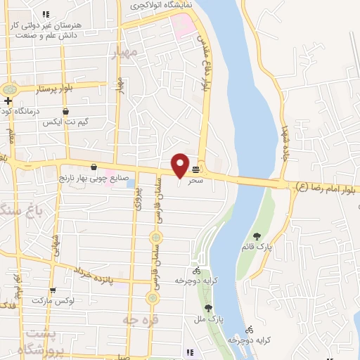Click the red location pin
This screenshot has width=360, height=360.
point(180,166)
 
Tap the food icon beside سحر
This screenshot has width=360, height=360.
point(195,169)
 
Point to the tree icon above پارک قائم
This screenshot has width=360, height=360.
point(257,236)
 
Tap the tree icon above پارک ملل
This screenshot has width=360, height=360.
point(208,308)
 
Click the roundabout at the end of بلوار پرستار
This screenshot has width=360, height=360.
point(10,90)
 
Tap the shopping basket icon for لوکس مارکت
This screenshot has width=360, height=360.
point(52,290)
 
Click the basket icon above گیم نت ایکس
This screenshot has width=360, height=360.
point(65,111)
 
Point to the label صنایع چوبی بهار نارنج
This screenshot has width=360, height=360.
point(80,178)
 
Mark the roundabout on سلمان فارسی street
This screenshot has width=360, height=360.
point(150,298)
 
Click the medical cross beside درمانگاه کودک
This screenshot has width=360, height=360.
point(7,101)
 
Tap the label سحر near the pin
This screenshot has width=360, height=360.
point(195,181)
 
